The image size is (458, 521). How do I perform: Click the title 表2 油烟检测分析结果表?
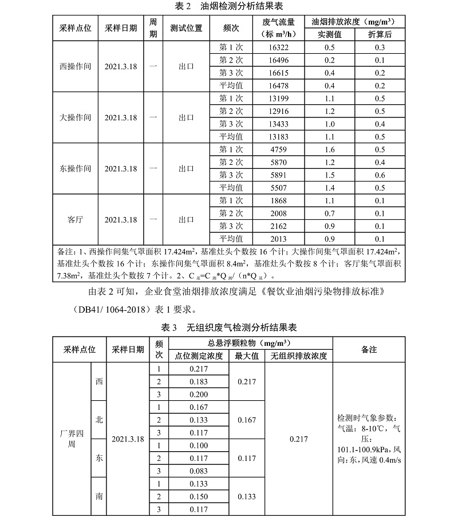229,6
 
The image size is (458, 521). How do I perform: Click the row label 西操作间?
75,66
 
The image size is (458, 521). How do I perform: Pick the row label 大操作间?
75,117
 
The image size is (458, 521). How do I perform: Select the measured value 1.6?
329,149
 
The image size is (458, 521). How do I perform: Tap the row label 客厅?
75,219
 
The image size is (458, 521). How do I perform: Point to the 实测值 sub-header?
329,34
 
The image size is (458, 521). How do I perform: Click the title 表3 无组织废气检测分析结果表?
229,328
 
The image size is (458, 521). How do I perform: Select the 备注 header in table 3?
369,349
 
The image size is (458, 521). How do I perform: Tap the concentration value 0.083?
198,471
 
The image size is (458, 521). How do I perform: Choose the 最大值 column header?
247,356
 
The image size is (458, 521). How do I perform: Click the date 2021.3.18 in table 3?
128,439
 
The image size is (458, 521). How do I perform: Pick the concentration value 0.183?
198,381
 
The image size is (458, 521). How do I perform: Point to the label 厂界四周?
68,439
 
